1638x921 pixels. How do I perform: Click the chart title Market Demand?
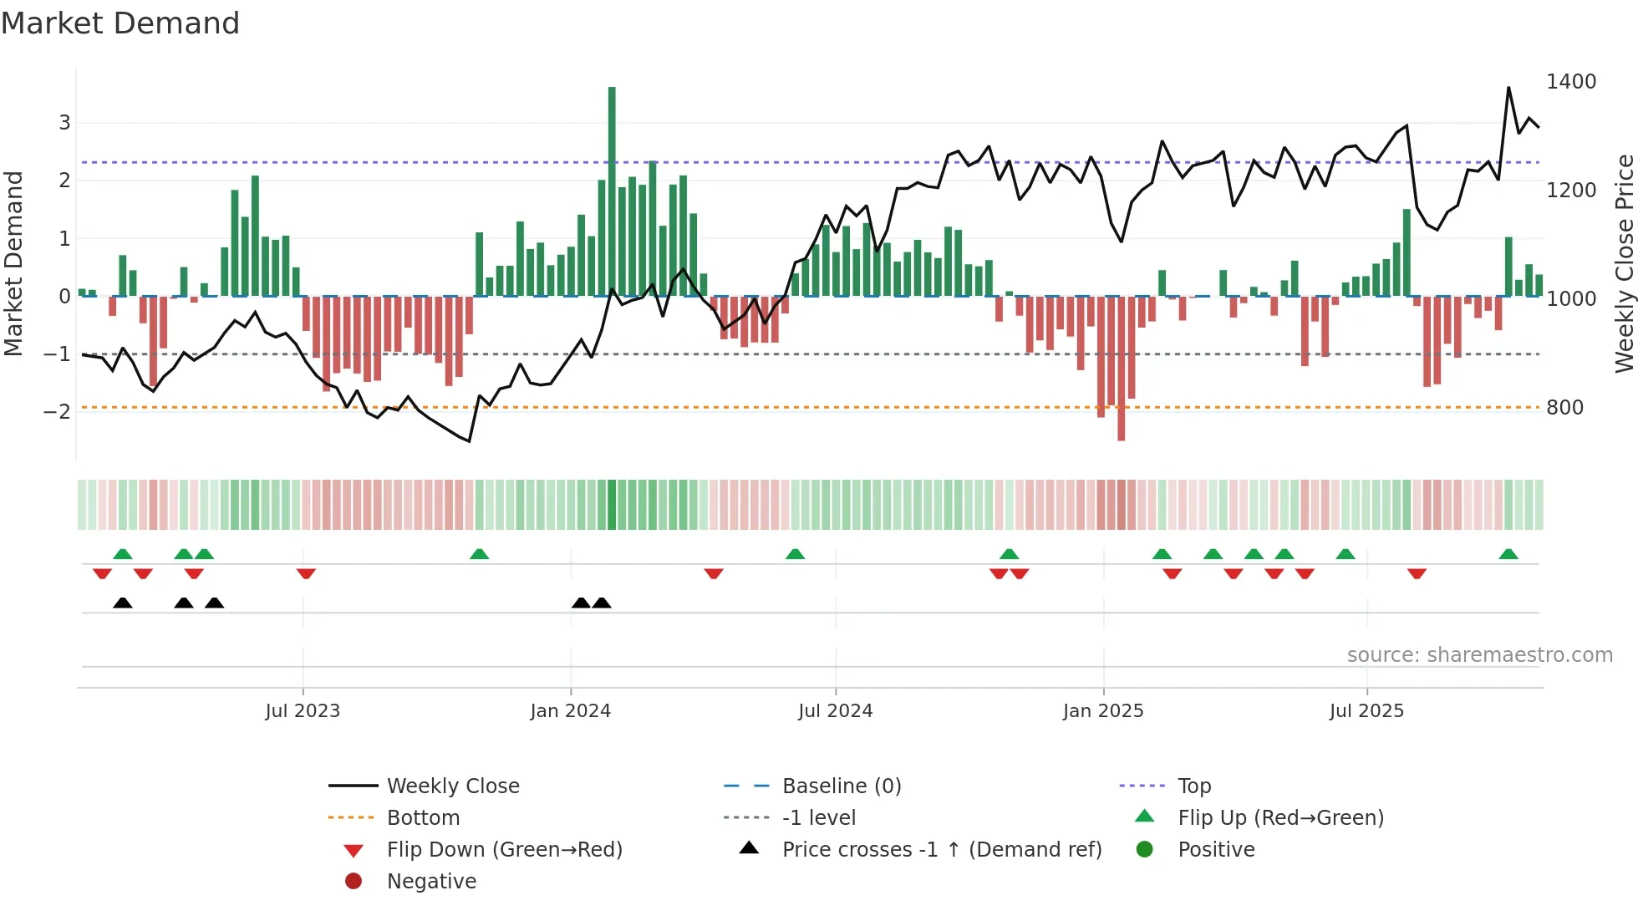tap(120, 23)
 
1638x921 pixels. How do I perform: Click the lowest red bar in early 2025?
tap(1121, 368)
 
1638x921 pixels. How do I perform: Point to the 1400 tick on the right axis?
tap(1571, 82)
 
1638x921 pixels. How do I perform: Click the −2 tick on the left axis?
tap(57, 411)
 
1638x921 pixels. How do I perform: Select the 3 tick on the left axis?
tap(64, 123)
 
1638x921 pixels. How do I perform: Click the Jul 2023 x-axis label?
tap(303, 711)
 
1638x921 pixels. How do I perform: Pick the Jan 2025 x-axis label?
tap(1103, 711)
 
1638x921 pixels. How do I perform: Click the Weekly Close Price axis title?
tap(1624, 263)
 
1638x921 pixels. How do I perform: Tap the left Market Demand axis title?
tap(13, 263)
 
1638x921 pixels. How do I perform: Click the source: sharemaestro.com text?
tap(1479, 655)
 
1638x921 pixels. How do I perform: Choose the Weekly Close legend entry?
tap(453, 786)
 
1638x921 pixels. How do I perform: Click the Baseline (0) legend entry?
tap(842, 786)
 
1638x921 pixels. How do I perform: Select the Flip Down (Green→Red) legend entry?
tap(504, 850)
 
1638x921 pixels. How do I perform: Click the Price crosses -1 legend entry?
tap(942, 850)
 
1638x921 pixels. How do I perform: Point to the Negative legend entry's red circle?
tap(354, 882)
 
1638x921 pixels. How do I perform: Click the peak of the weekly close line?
tap(1508, 88)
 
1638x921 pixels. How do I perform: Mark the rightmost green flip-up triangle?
tap(1508, 554)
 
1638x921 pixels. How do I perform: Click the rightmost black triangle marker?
tap(602, 603)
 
